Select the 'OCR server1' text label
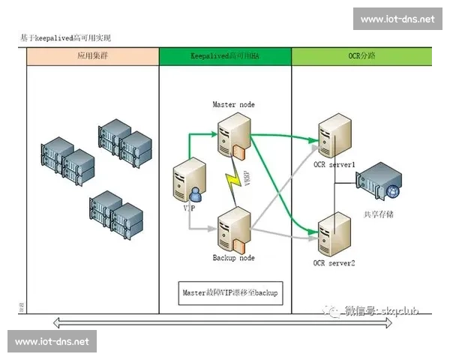coord(334,164)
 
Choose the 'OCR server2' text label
coord(334,263)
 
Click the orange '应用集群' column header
coord(92,56)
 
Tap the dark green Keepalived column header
coord(225,56)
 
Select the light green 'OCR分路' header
coord(361,56)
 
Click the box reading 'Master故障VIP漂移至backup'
coord(229,292)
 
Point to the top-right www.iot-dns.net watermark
coord(397,19)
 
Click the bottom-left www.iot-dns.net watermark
coord(52,341)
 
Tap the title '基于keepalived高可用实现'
coord(68,37)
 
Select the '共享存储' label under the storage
coord(378,214)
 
